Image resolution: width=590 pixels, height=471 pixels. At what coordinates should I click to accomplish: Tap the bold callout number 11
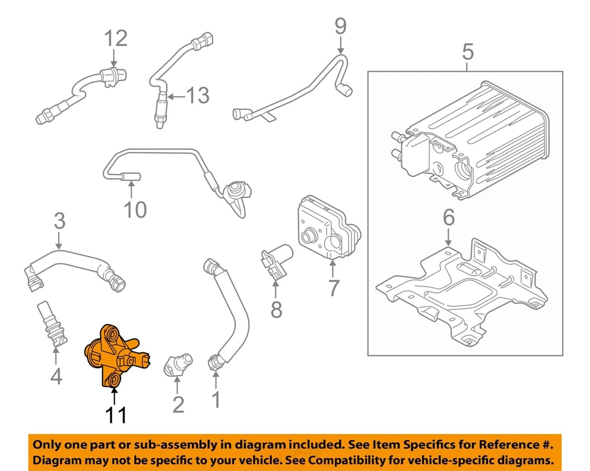pos(115,416)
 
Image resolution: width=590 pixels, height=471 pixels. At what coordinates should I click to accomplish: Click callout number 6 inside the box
pos(448,217)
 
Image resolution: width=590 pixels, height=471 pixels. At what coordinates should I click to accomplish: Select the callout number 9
pos(340,26)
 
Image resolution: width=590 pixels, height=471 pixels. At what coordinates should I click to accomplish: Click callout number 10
pos(135,210)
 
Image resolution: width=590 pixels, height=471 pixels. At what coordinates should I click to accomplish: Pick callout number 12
pos(115,38)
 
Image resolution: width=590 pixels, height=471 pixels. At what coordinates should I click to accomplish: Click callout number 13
pos(197,95)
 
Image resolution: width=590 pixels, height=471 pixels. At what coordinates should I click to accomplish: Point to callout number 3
pos(59,220)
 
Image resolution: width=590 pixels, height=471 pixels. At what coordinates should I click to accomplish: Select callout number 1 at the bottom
pos(216,400)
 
